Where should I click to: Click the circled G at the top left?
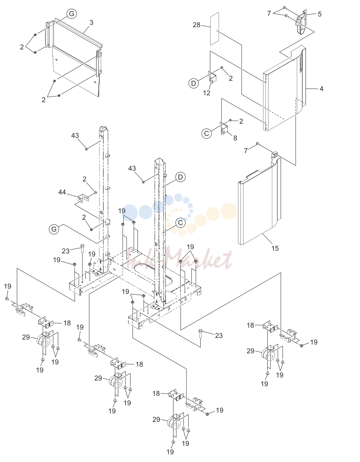tap(72, 14)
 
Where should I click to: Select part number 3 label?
tap(91, 23)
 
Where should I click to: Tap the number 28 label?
tap(196, 25)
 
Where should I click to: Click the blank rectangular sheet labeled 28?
tap(214, 28)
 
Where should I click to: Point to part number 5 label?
tap(320, 14)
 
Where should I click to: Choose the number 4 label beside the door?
tap(321, 89)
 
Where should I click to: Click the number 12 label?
tap(206, 93)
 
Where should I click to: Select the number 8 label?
tap(235, 138)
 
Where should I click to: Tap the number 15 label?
tap(275, 248)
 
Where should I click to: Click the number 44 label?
tap(62, 192)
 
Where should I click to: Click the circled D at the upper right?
tap(193, 83)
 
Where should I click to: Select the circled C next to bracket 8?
tap(206, 134)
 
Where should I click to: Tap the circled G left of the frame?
tap(54, 229)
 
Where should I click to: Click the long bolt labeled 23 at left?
tap(82, 261)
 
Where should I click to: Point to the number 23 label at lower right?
tap(219, 336)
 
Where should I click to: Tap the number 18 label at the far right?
tap(250, 325)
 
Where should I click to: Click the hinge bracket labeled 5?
tap(301, 22)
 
